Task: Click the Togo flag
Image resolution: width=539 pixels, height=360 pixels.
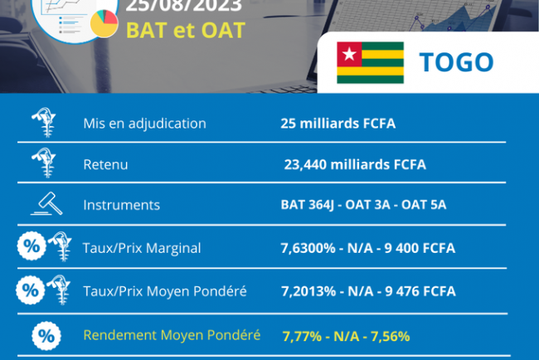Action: point(370,62)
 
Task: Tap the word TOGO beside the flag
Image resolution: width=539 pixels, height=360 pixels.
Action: point(456,62)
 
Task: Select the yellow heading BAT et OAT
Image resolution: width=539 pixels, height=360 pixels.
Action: point(185,30)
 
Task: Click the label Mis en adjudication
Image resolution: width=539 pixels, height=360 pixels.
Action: point(144,124)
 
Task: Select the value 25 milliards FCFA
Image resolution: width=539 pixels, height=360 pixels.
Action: point(338,124)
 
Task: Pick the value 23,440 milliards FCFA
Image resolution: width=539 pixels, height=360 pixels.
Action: point(355,164)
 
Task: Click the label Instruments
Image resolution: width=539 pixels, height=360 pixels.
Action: point(121,205)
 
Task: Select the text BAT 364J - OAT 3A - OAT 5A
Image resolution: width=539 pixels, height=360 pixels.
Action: point(364,205)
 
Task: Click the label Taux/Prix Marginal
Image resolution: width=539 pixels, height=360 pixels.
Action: point(141,247)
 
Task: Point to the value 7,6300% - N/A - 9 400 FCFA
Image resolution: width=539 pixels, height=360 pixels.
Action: point(368,247)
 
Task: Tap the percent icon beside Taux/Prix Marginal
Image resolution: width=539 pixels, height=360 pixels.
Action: point(29,246)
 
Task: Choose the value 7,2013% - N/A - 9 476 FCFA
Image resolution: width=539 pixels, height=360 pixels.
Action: point(368,291)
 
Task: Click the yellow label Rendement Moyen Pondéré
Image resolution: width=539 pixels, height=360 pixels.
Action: point(172,335)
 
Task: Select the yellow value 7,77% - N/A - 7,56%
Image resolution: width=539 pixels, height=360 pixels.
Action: point(346,336)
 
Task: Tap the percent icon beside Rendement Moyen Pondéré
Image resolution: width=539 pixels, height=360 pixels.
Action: point(46,337)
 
